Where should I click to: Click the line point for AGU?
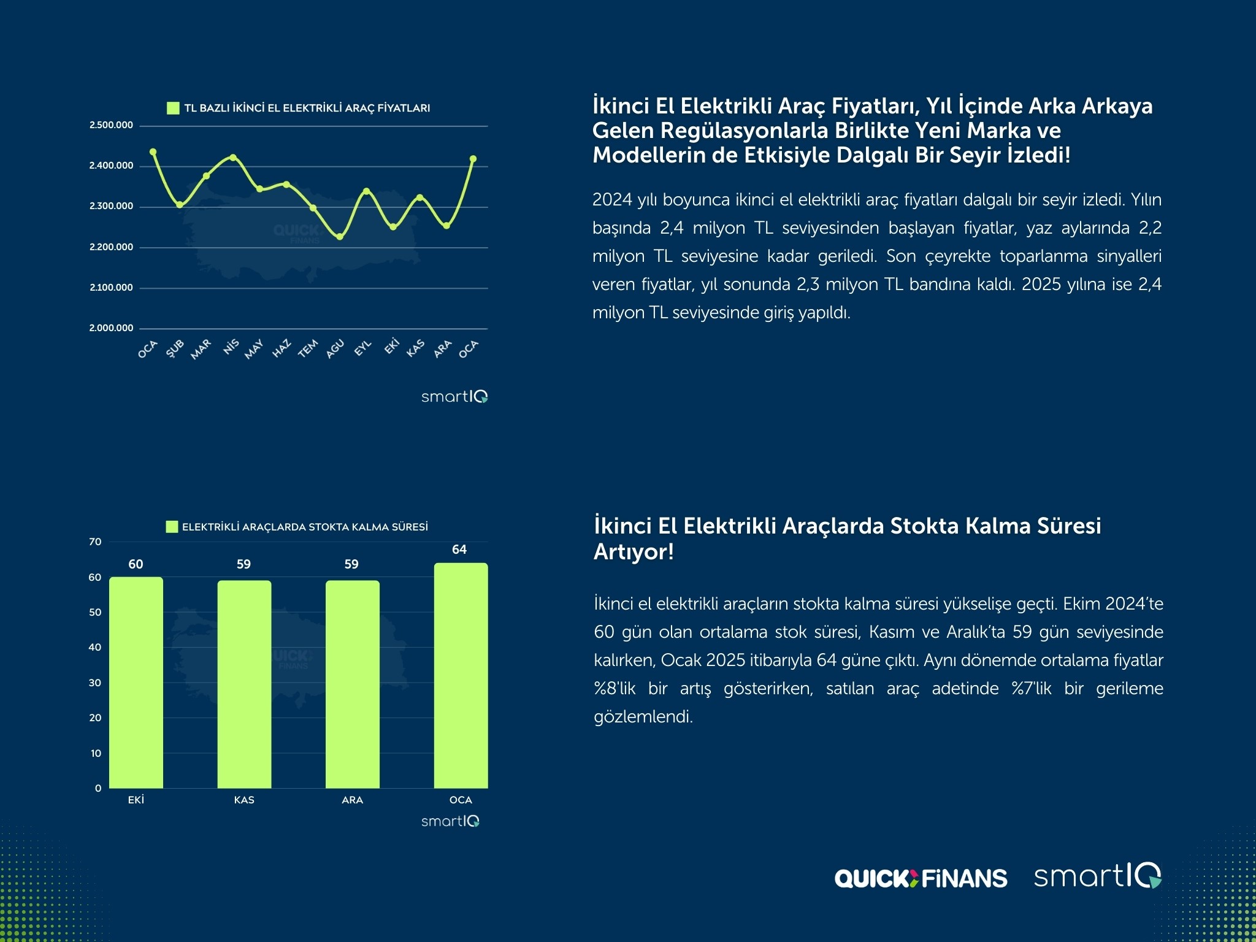[x=340, y=237]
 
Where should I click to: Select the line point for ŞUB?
[x=180, y=205]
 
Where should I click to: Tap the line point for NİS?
[x=233, y=158]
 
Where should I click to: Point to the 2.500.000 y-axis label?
[x=111, y=125]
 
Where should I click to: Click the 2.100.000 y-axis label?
[x=111, y=288]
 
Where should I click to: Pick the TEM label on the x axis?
[x=308, y=348]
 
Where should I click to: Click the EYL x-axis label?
[x=363, y=348]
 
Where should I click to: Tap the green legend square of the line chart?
[x=173, y=109]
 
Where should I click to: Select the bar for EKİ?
[x=136, y=682]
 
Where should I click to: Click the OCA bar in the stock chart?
[x=461, y=675]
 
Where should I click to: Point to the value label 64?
[x=459, y=549]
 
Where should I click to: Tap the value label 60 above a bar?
[x=136, y=564]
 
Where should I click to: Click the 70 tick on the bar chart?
[x=95, y=542]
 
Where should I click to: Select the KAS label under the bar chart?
[x=244, y=800]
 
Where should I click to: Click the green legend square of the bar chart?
[x=172, y=527]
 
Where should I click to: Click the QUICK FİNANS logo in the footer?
[x=921, y=878]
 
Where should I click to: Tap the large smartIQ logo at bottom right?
[x=1097, y=876]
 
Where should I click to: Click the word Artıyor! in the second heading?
[x=634, y=552]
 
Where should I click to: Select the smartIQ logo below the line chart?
[x=454, y=397]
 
